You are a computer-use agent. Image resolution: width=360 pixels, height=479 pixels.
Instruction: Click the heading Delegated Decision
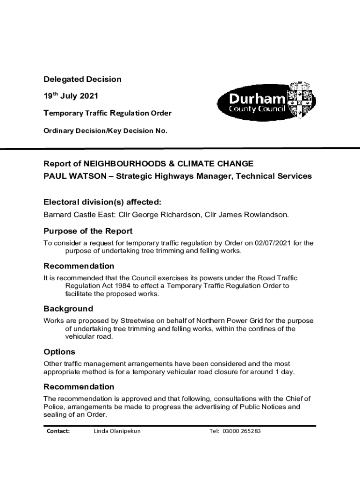click(82, 79)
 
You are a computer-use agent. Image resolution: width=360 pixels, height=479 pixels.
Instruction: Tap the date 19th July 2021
click(71, 96)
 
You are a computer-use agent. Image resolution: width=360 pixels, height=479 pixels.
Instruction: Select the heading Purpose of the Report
click(88, 231)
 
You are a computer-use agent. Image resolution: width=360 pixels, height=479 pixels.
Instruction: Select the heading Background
click(68, 309)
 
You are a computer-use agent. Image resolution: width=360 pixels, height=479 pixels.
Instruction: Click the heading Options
click(59, 352)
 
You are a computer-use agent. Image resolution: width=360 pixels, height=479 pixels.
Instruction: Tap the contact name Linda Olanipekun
click(117, 431)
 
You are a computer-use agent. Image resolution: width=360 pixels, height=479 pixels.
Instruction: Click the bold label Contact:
click(58, 431)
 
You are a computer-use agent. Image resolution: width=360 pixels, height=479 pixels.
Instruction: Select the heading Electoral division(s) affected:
click(102, 202)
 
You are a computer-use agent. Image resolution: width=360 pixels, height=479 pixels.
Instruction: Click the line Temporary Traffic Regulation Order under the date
click(108, 113)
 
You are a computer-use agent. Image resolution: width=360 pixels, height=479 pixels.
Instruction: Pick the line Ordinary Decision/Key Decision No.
click(105, 131)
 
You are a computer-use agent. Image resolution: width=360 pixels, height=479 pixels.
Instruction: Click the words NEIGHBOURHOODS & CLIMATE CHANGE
click(168, 164)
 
